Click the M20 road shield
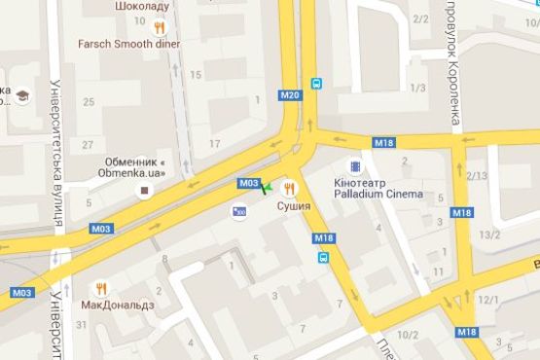[289, 95]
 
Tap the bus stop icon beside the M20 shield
[316, 84]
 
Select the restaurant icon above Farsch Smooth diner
[159, 27]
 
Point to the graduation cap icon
[20, 95]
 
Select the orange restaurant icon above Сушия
[289, 188]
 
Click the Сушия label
[293, 206]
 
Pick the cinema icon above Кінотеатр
[355, 167]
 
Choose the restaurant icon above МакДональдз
[101, 288]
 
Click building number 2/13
[477, 175]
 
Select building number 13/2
[489, 234]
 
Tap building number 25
[89, 102]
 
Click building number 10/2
[408, 336]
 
